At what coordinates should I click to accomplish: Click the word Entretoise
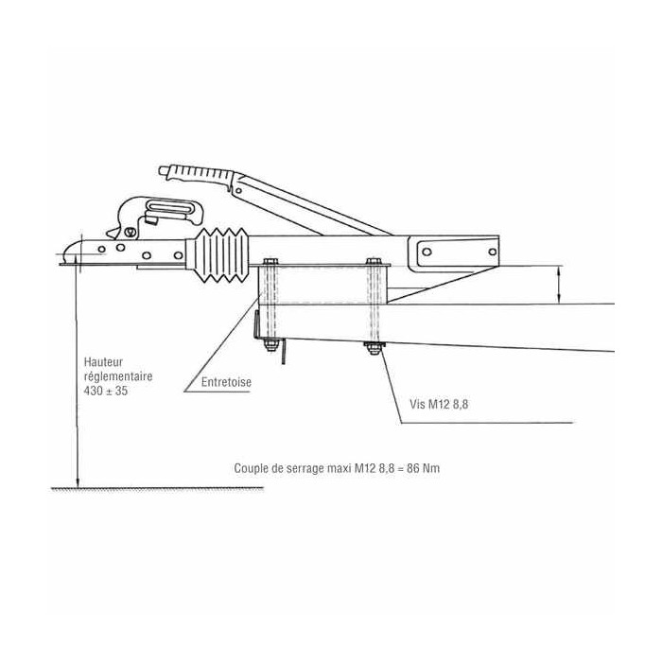226,382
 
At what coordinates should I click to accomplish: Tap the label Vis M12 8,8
439,404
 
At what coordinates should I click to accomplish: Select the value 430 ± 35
106,391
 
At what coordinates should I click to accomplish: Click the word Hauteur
103,362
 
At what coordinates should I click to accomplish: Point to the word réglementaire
118,376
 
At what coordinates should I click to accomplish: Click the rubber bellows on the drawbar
220,255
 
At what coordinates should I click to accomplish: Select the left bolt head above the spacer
270,261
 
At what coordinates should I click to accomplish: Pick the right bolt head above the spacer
374,261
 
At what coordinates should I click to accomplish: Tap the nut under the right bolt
374,348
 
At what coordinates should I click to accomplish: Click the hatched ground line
157,489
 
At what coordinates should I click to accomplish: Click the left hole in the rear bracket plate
427,253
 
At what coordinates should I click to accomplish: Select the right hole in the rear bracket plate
493,253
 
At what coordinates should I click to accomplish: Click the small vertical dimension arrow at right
559,285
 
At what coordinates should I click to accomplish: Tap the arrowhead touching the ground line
78,481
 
